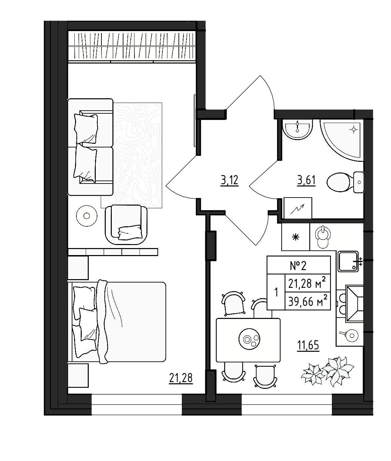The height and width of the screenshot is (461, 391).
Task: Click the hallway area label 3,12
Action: point(230,181)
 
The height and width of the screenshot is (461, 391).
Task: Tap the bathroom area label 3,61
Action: point(306,181)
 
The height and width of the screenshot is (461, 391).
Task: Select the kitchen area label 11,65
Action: point(309,345)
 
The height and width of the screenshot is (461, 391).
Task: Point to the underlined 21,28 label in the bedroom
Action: point(181,378)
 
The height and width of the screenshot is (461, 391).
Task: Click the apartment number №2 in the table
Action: point(298,266)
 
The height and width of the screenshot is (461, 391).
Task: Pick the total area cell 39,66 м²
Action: point(308,302)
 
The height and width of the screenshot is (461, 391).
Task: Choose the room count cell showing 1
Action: point(276,292)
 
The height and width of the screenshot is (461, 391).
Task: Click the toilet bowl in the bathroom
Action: point(345,182)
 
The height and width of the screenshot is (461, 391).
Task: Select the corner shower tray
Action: point(342,140)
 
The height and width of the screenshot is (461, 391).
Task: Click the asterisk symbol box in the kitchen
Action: point(296,237)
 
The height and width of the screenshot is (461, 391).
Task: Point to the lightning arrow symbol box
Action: point(298,208)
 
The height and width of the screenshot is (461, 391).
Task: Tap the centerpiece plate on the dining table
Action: point(249,339)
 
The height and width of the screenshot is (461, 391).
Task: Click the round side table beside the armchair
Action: point(86,216)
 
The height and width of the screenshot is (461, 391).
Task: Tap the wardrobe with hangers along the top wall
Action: point(132,47)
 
